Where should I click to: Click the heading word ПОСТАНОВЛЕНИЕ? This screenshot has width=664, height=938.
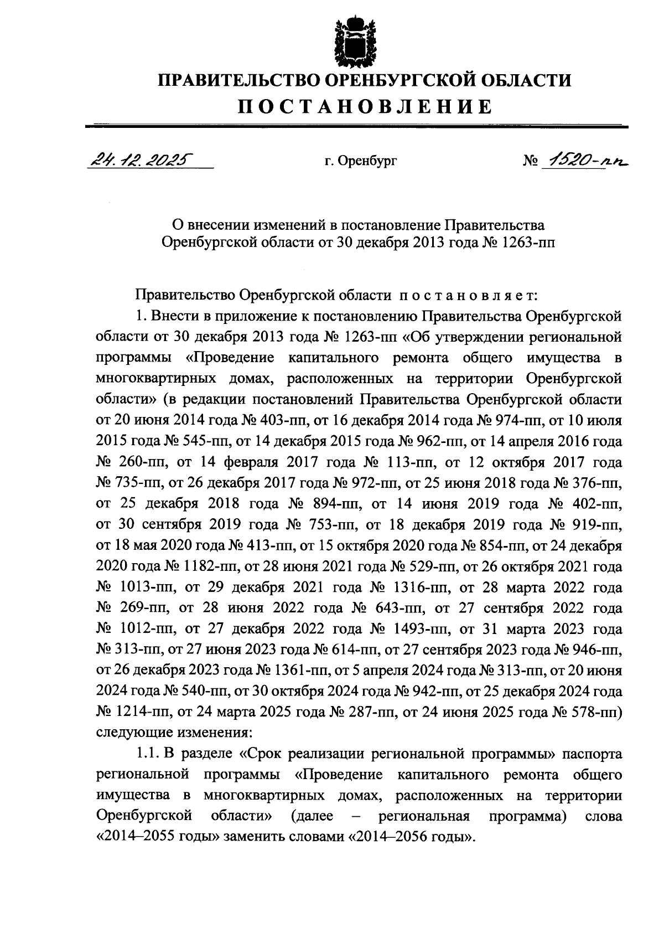[365, 106]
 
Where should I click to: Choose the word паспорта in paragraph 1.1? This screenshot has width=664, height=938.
[592, 754]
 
